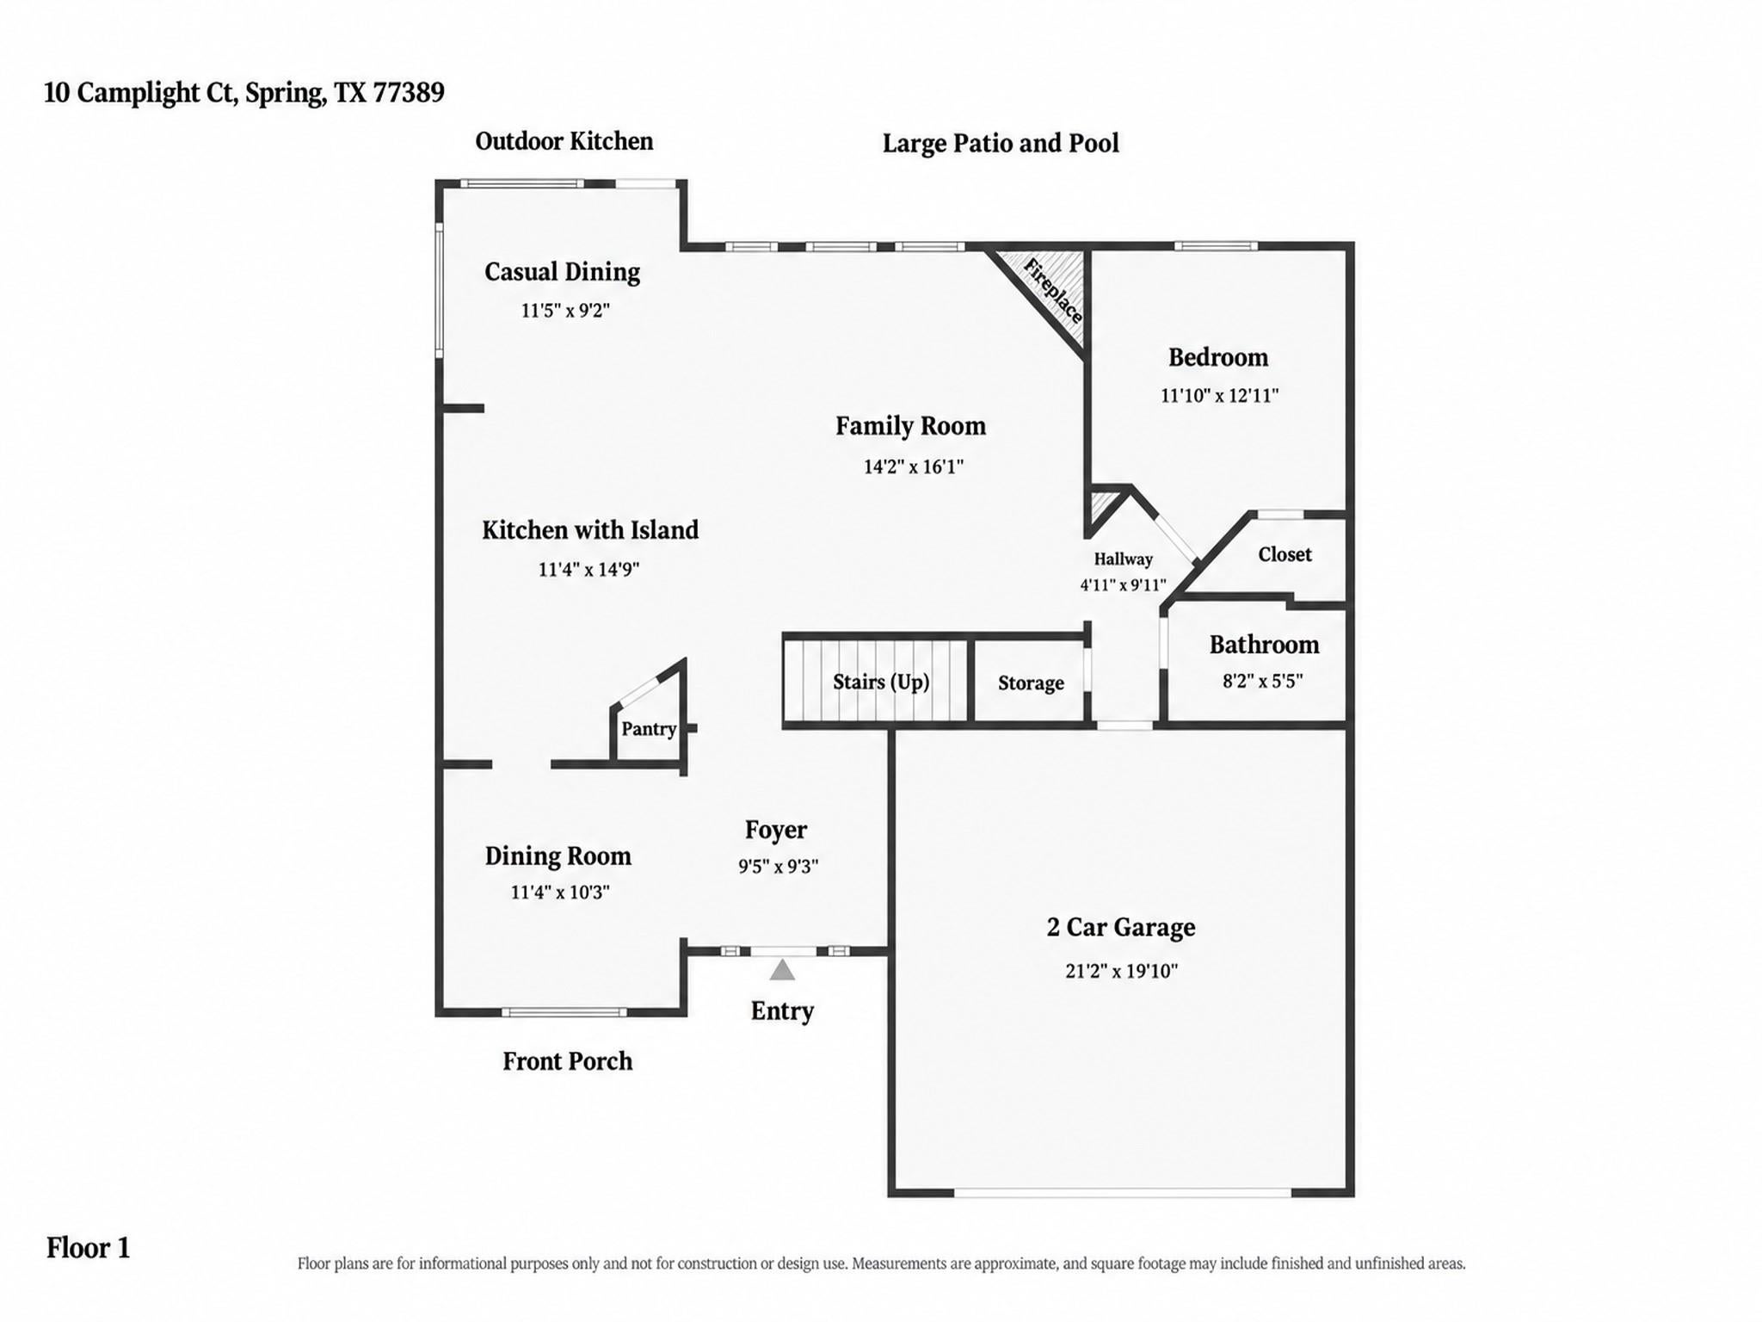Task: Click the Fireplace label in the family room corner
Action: (x=1052, y=291)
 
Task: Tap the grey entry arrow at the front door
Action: (x=781, y=970)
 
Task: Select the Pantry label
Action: (x=649, y=729)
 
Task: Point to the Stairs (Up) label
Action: (x=881, y=683)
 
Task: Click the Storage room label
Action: (x=1031, y=683)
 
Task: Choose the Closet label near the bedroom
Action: (x=1285, y=554)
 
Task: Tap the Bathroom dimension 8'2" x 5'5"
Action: (x=1263, y=681)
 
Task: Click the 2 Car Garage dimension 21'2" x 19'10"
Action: (x=1121, y=971)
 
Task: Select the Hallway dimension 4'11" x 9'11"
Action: (x=1123, y=585)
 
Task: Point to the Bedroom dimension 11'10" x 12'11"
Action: (x=1219, y=395)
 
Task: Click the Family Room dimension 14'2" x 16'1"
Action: (x=913, y=466)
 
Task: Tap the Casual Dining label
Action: (x=562, y=272)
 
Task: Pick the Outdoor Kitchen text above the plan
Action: (x=564, y=141)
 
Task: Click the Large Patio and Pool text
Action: (x=1001, y=143)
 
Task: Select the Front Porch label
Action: (x=567, y=1061)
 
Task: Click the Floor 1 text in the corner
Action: (x=88, y=1248)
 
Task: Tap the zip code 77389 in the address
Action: (x=409, y=92)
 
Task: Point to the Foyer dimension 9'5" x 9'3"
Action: (x=778, y=867)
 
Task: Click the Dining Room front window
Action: (x=564, y=1012)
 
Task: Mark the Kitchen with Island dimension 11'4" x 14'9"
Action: (x=588, y=569)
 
